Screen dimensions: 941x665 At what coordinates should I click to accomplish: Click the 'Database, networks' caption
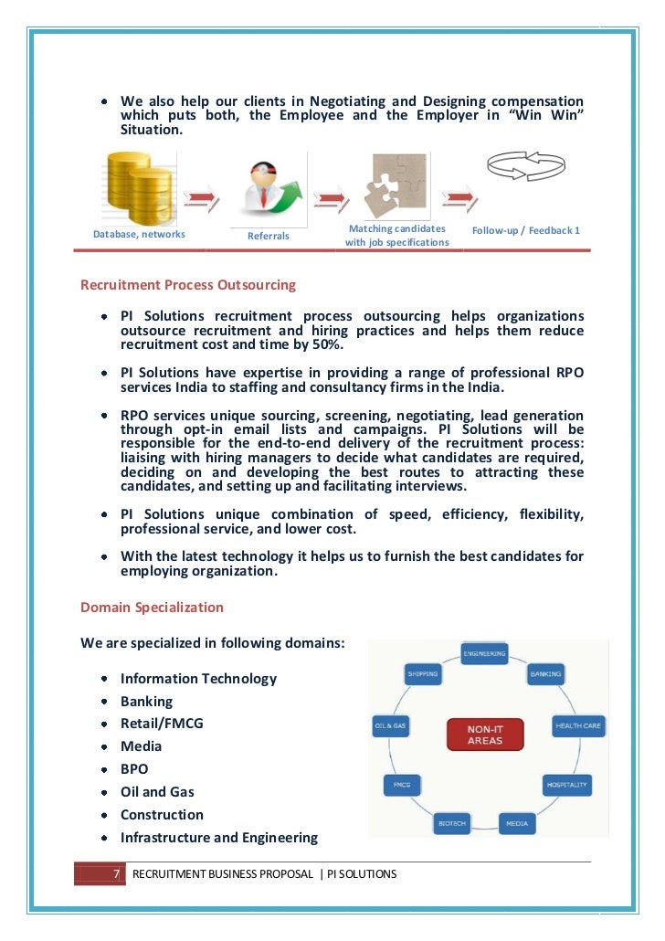[139, 234]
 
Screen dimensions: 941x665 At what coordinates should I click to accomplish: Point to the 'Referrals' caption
[269, 236]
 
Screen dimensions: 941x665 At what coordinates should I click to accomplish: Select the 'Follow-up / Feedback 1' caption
[525, 230]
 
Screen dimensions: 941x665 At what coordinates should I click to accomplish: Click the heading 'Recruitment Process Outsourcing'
[188, 285]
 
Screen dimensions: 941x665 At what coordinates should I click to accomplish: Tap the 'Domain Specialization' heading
[152, 607]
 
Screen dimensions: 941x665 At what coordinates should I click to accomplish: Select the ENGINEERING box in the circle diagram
[484, 654]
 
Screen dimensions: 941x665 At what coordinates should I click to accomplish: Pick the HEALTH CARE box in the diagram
[579, 727]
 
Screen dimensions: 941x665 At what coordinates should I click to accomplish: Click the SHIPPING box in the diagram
[422, 674]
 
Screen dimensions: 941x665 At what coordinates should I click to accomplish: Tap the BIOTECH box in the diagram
[451, 823]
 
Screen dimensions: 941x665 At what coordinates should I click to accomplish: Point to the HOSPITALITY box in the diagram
[566, 785]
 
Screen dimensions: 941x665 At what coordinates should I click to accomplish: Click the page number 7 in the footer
[116, 874]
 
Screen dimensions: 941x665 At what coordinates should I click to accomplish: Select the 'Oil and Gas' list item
[157, 792]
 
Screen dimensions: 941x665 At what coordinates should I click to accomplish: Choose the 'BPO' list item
[134, 769]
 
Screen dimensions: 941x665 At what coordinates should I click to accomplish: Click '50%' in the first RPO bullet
[327, 344]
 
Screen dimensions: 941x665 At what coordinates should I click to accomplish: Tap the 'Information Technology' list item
[198, 679]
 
